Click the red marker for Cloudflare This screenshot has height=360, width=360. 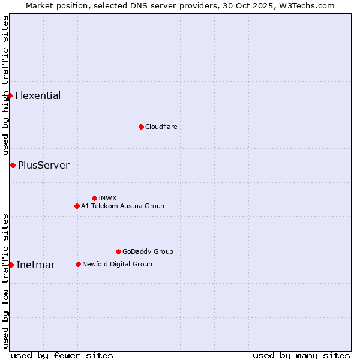tap(141, 127)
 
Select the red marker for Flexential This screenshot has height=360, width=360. tap(10, 95)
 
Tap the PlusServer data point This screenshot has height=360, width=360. tap(13, 165)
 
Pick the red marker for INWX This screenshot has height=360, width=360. tap(94, 198)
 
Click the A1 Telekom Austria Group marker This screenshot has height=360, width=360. tap(77, 206)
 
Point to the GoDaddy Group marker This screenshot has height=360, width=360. tap(118, 251)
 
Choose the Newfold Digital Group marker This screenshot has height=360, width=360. tap(78, 264)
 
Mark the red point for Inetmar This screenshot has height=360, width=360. tap(11, 265)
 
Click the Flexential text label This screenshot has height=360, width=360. tap(38, 96)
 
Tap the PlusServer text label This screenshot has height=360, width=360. tap(44, 166)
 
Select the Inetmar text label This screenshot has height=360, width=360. tap(35, 265)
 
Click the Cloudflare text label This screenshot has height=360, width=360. tap(161, 127)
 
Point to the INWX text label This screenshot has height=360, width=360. tap(107, 198)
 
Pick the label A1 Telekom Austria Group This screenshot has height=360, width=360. tap(122, 206)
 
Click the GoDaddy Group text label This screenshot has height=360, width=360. tap(148, 252)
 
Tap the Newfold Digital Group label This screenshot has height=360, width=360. tap(117, 265)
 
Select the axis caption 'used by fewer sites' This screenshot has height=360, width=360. tap(62, 356)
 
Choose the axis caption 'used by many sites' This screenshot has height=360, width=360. tap(301, 356)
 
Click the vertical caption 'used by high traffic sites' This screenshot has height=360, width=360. tap(5, 86)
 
